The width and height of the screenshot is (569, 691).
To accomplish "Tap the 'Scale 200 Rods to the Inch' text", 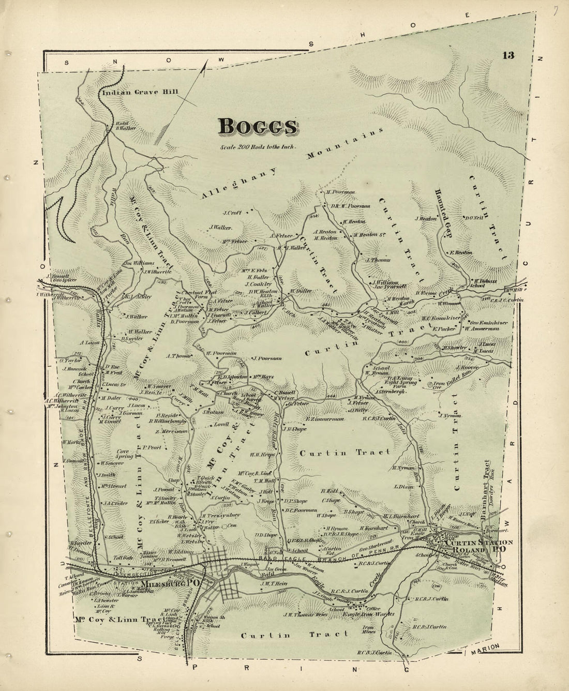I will [258, 147].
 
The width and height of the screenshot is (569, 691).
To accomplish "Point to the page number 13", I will [507, 56].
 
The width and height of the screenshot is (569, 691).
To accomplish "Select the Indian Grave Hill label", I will [140, 93].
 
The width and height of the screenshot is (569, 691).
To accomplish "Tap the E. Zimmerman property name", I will [324, 419].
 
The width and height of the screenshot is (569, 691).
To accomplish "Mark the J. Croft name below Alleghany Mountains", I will [233, 212].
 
